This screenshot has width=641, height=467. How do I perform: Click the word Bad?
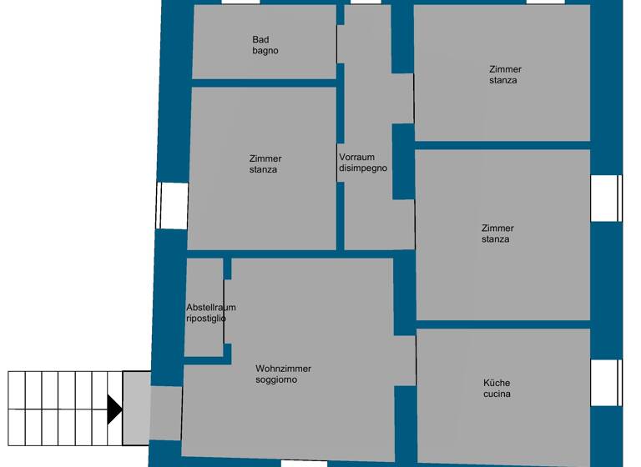[260, 39]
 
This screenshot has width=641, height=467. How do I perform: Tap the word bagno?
[265, 51]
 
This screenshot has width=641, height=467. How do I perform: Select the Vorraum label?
[356, 157]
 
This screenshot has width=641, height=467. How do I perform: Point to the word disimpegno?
[363, 168]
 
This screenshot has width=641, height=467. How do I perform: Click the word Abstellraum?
[210, 308]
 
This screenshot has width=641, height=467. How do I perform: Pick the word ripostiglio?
[205, 319]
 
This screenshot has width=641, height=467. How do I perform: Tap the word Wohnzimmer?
[283, 369]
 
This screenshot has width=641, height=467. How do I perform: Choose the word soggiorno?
[277, 380]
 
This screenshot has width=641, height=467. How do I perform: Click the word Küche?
[497, 383]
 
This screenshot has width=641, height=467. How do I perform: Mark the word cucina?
[497, 394]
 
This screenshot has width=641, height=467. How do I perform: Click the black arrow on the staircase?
[114, 409]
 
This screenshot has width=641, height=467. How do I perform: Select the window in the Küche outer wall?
[606, 382]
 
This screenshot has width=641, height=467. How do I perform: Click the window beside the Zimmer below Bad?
[172, 205]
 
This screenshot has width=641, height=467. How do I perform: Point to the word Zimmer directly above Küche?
[497, 228]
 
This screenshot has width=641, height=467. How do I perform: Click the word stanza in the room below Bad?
[263, 170]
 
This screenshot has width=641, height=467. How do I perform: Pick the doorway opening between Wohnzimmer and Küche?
[405, 360]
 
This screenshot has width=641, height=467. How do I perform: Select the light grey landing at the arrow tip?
[136, 408]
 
